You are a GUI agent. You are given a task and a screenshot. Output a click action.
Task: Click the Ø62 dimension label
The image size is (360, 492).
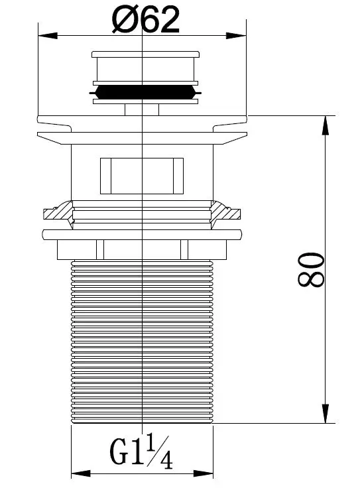tap(146, 19)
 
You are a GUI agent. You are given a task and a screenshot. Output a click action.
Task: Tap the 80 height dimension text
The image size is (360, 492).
tap(311, 270)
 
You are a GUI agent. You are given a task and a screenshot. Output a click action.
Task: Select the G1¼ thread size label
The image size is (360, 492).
tap(141, 452)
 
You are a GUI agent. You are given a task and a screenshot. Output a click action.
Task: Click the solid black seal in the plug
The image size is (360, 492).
tap(145, 93)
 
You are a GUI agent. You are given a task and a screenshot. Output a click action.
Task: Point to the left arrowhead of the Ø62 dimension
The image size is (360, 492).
tap(48, 35)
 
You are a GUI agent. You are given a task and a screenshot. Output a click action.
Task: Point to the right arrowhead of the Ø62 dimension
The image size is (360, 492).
tap(236, 35)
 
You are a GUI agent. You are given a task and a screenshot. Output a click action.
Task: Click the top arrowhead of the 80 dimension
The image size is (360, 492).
tap(326, 125)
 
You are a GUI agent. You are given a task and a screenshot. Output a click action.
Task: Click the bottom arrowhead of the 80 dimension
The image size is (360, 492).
tap(326, 413)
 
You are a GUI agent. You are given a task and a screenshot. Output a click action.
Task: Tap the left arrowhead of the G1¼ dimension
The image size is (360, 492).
tap(81, 473)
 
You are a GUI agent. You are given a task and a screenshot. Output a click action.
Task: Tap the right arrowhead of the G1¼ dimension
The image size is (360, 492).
tap(204, 473)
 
